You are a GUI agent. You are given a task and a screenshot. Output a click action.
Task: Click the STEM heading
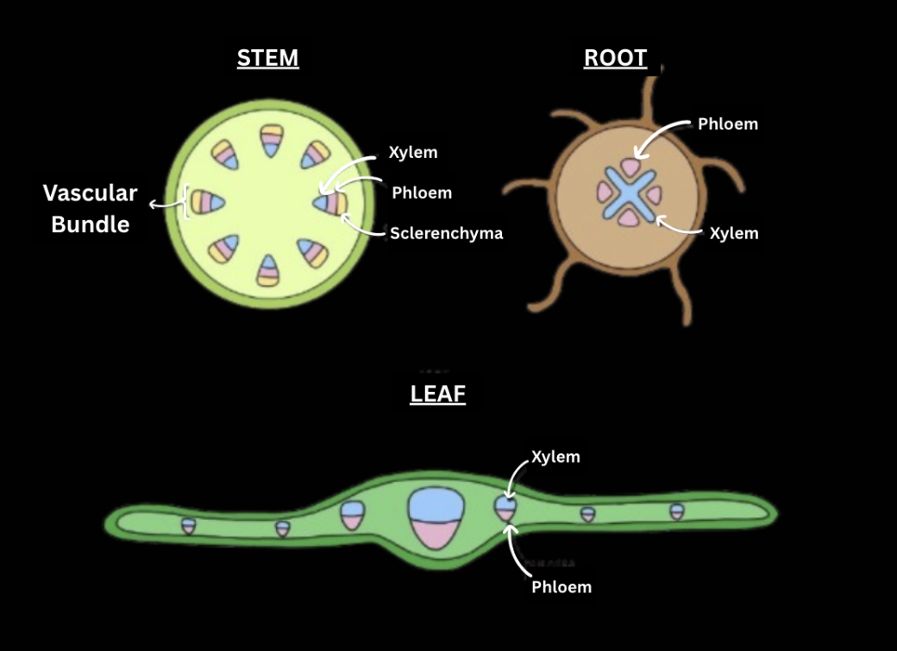point(267,58)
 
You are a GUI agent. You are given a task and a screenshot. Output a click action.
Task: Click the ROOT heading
point(615,58)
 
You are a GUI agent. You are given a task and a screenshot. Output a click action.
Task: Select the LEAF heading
point(437,394)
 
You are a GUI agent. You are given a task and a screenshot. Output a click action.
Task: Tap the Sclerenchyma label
point(446,233)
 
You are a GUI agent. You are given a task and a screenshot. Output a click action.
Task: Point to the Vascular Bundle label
point(91,208)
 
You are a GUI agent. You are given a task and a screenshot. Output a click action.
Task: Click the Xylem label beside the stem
point(412,153)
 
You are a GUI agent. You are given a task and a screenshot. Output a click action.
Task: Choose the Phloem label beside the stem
point(422,193)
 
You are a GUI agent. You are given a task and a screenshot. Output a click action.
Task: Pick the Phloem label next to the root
point(728,123)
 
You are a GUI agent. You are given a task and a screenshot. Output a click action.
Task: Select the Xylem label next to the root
point(733,233)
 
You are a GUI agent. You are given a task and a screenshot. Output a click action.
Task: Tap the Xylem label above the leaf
point(555,457)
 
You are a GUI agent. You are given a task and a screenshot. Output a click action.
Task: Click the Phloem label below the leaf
point(561,587)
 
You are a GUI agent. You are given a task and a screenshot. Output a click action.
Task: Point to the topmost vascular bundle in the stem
point(271,141)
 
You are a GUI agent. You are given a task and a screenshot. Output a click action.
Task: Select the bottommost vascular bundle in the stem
point(269,270)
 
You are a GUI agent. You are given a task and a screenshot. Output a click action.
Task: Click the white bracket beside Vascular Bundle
point(185,203)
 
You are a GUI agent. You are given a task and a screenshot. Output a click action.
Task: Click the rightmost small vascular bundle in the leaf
point(677,511)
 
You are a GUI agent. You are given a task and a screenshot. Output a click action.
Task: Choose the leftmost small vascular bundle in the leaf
point(189,525)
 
